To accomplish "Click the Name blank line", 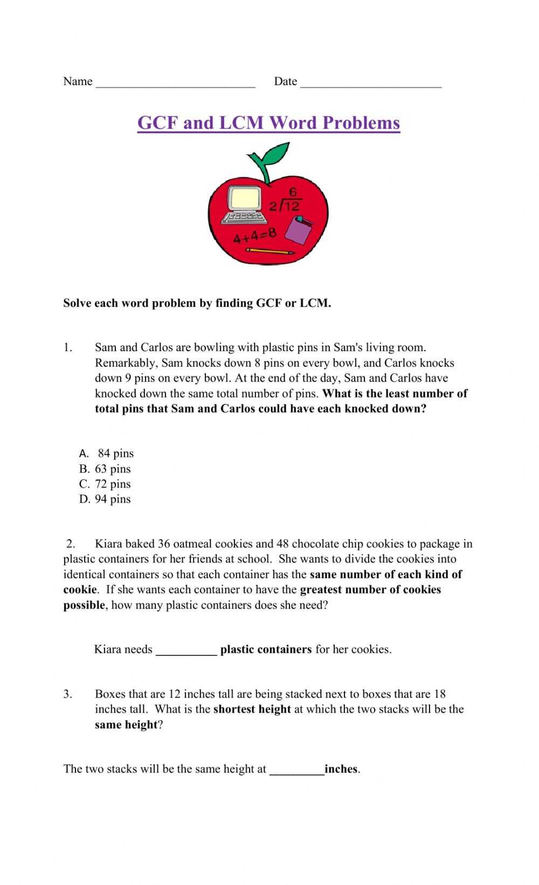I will click(175, 83).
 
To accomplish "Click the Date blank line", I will click(371, 83).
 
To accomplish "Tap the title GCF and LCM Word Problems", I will click(268, 123).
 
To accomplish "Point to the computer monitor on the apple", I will click(245, 198).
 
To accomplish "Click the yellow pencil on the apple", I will click(270, 251).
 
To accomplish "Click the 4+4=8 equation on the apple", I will click(254, 235).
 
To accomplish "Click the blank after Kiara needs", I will click(186, 651).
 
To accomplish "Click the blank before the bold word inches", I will click(296, 770).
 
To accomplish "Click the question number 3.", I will click(67, 694).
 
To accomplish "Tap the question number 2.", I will click(71, 544).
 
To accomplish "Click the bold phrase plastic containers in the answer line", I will click(266, 650).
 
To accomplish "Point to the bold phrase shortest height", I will click(252, 709).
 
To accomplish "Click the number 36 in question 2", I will click(164, 544).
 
